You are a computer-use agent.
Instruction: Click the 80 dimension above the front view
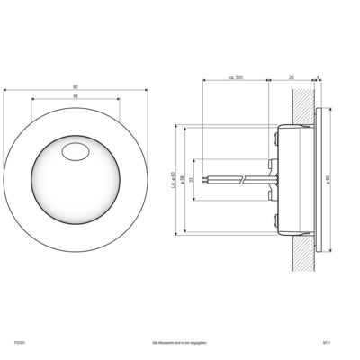coord(74,87)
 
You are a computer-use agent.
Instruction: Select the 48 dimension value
coord(74,96)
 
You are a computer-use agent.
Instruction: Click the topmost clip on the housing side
coord(274,138)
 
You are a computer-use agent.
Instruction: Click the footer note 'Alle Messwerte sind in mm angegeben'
coord(180,343)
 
